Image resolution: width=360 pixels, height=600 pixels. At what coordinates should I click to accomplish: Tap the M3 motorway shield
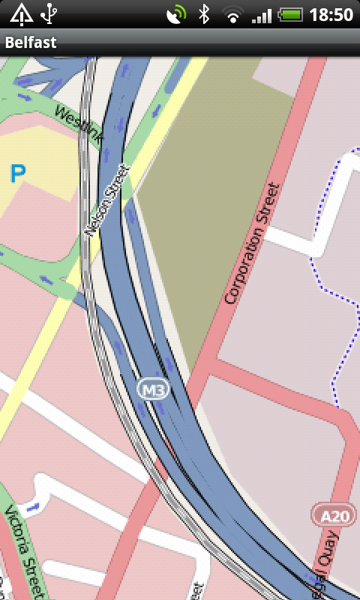coord(154,389)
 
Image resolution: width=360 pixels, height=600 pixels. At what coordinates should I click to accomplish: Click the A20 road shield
coord(329,515)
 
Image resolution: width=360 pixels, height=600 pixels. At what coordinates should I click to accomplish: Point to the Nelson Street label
coord(103,202)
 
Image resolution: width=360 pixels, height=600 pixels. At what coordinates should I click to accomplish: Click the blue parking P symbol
coord(18,174)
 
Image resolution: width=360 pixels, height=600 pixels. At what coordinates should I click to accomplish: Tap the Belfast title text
coord(31,43)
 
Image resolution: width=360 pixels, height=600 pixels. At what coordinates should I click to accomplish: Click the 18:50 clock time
coord(330,14)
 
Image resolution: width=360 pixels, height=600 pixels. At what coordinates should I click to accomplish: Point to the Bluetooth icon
coord(203,14)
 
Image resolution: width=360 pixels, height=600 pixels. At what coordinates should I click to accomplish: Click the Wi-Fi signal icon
coord(233,14)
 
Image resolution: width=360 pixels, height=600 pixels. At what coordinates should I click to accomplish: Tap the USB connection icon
coord(49,13)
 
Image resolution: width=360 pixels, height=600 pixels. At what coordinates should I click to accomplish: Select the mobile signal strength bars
coord(261,14)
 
